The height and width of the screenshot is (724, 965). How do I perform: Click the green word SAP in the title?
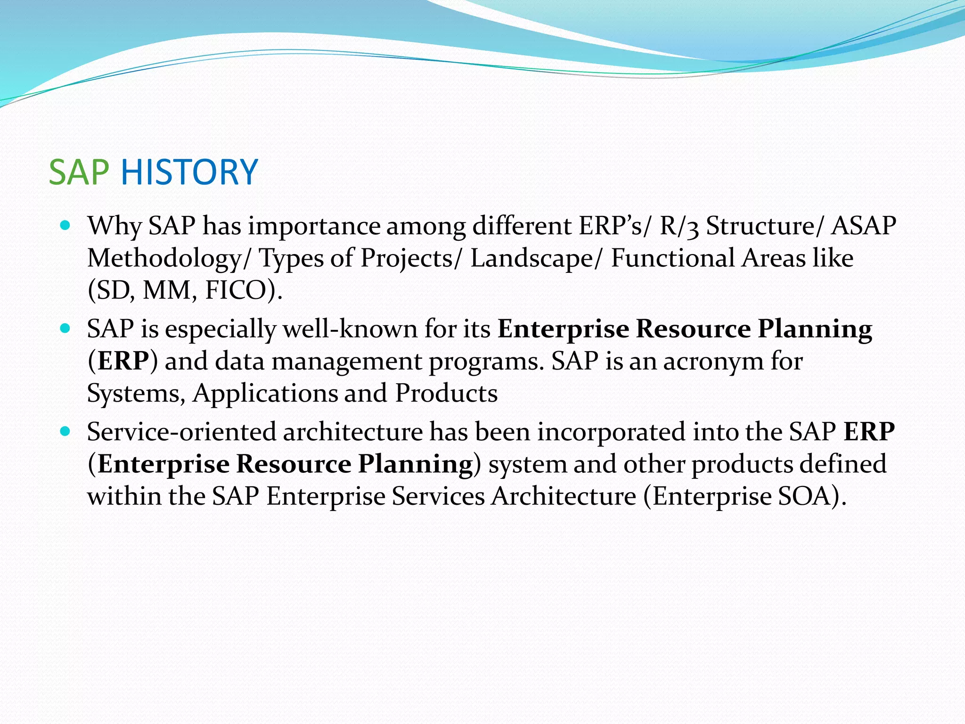tap(79, 172)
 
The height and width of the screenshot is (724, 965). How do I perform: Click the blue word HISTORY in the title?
tap(189, 172)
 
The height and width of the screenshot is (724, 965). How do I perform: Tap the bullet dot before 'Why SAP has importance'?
tap(65, 225)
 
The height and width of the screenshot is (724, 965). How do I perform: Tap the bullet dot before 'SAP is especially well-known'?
tap(65, 328)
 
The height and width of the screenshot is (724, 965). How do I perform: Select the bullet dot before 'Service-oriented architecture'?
tap(65, 431)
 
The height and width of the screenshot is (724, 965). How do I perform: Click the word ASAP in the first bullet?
tap(863, 226)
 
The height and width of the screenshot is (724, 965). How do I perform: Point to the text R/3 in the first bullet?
tap(679, 226)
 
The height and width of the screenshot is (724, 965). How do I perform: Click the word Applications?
tap(265, 394)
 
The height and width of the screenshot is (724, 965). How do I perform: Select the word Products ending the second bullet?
tap(446, 394)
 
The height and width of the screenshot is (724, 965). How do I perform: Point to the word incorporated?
tap(611, 432)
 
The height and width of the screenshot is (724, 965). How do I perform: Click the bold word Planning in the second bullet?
tap(815, 329)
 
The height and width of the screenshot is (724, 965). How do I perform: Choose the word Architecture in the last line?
tap(563, 496)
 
